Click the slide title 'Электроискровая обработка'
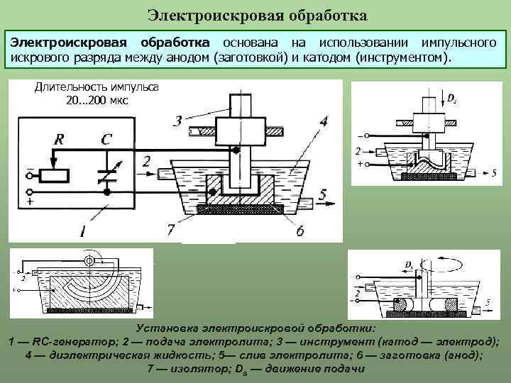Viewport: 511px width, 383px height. click(x=258, y=14)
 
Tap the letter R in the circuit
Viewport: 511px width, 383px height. click(x=59, y=140)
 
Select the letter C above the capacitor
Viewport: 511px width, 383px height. click(x=105, y=140)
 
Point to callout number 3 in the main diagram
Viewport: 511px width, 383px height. click(x=177, y=121)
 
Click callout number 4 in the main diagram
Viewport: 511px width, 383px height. click(x=323, y=121)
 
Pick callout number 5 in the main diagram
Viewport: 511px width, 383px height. click(x=323, y=194)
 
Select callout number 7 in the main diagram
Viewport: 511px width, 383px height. click(x=170, y=229)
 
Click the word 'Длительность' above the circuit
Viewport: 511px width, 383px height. click(x=65, y=87)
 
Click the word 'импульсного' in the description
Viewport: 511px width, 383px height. click(x=458, y=43)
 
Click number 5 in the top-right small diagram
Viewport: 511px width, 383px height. click(x=494, y=172)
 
